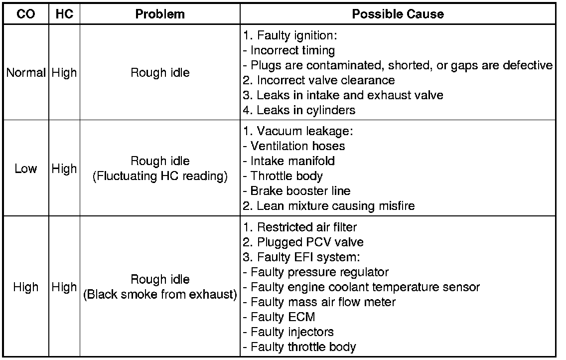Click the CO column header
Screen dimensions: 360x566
click(25, 14)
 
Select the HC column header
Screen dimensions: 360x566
click(64, 14)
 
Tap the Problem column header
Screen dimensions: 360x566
click(160, 14)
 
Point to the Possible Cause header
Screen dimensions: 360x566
click(398, 14)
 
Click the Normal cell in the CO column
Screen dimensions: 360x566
click(25, 73)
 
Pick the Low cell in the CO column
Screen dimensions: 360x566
click(25, 169)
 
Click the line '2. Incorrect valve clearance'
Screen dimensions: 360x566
click(319, 80)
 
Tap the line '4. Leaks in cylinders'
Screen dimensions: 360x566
click(299, 110)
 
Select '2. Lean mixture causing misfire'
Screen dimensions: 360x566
click(329, 205)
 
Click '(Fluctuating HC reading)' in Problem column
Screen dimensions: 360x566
click(160, 176)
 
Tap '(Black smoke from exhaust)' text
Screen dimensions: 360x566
click(160, 294)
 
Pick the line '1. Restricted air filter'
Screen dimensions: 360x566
click(300, 227)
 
